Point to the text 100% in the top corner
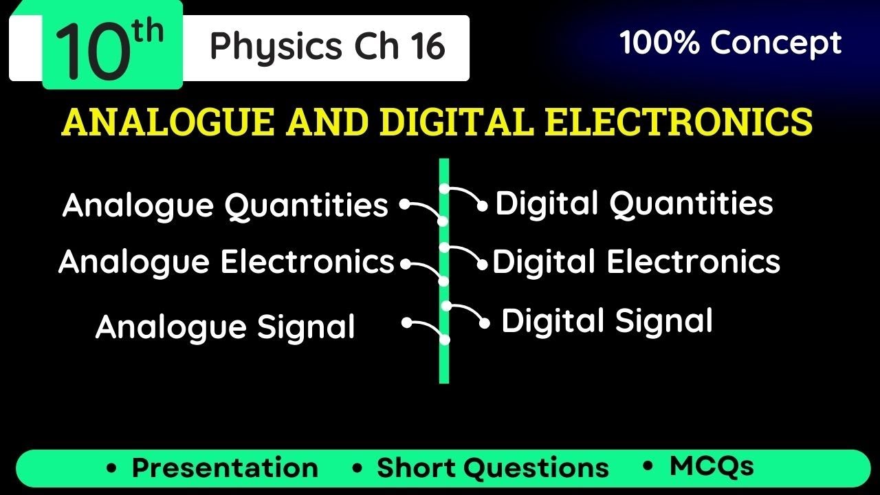[661, 43]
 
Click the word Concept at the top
[776, 43]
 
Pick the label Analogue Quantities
[225, 206]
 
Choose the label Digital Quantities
[634, 204]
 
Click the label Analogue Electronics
[226, 262]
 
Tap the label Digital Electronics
[636, 262]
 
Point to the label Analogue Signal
[225, 327]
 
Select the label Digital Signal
[606, 321]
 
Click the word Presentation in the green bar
[225, 468]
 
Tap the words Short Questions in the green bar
[492, 468]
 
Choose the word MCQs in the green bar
[712, 466]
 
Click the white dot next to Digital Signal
[485, 323]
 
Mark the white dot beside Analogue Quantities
[405, 204]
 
